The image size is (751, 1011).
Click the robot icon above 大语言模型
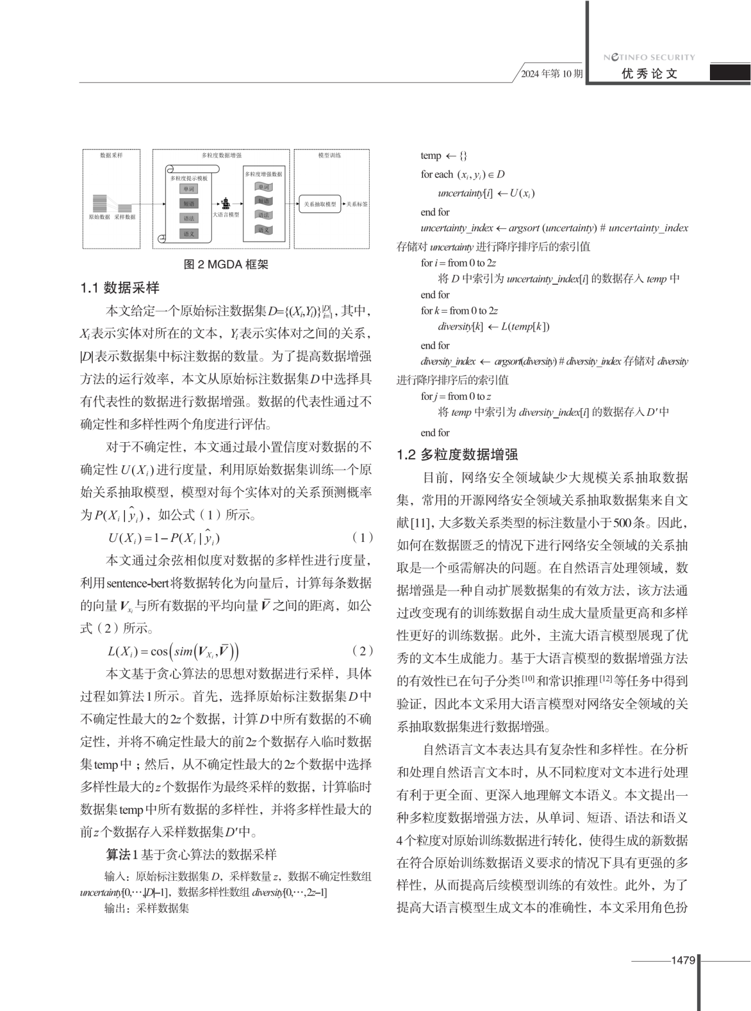pyautogui.click(x=225, y=203)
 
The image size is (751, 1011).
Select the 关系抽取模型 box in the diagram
pyautogui.click(x=320, y=204)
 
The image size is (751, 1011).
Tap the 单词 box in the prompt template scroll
pyautogui.click(x=188, y=189)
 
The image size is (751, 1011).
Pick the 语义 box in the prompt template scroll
pyautogui.click(x=188, y=233)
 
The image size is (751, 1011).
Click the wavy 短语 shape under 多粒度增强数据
pyautogui.click(x=263, y=201)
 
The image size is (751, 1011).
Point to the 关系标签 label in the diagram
pyautogui.click(x=357, y=204)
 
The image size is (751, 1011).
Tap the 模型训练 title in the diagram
pyautogui.click(x=330, y=155)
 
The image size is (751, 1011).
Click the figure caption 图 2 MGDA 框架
pyautogui.click(x=226, y=264)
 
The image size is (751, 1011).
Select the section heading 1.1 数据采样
pyautogui.click(x=120, y=288)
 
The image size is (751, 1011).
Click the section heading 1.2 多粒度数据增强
pyautogui.click(x=457, y=454)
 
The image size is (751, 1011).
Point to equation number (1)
pyautogui.click(x=363, y=538)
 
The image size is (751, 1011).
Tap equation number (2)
pyautogui.click(x=363, y=651)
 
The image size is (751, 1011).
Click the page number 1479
pyautogui.click(x=683, y=960)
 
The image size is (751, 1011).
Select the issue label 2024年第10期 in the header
pyautogui.click(x=552, y=74)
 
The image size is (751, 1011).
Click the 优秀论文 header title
pyautogui.click(x=649, y=74)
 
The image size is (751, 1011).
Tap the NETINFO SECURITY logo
pyautogui.click(x=649, y=57)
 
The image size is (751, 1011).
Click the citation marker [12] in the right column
pyautogui.click(x=605, y=680)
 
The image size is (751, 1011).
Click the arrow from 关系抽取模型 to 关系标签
pyautogui.click(x=344, y=204)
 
